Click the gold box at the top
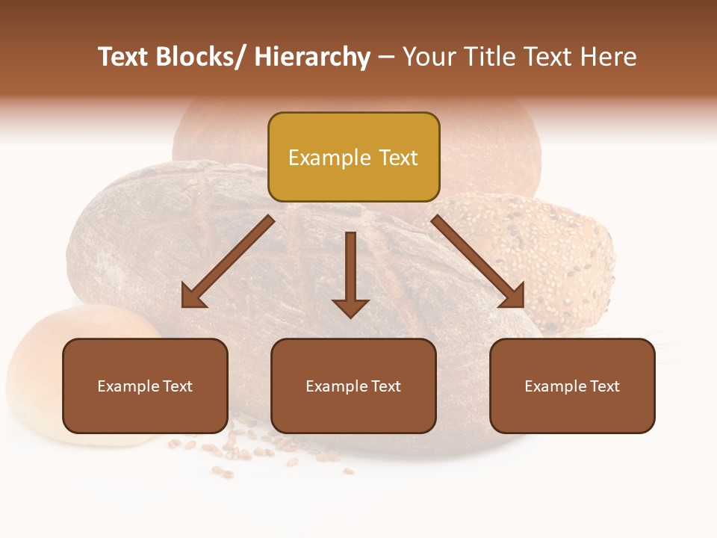[353, 157]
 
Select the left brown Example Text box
[145, 386]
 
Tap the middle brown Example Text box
[353, 386]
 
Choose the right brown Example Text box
[572, 386]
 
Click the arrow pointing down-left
[229, 262]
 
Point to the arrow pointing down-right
[478, 262]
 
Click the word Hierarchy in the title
[312, 57]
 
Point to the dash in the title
[386, 58]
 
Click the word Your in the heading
[429, 57]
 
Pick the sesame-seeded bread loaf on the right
[553, 254]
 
